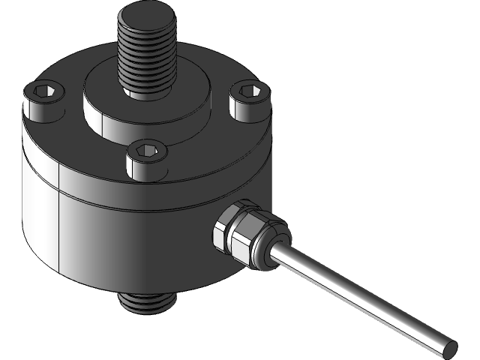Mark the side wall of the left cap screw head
[37, 109]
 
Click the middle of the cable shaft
[360, 297]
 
